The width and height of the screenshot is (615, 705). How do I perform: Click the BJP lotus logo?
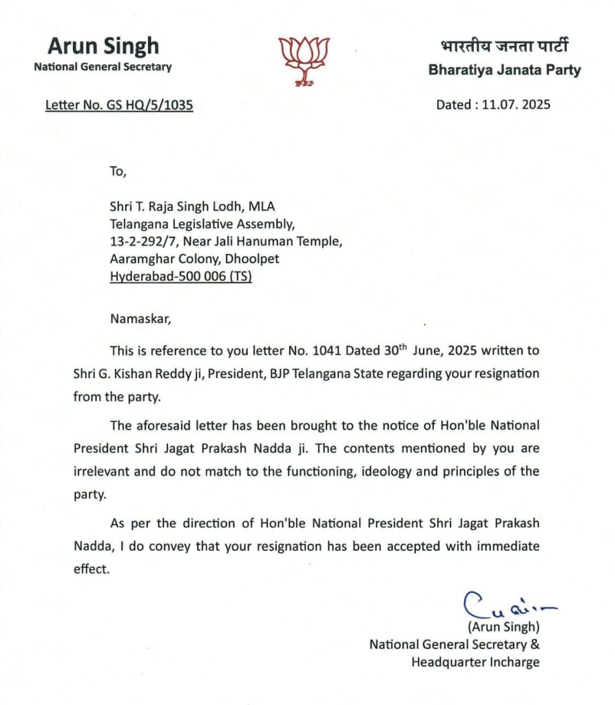304,61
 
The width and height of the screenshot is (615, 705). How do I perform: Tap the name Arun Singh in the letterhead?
103,46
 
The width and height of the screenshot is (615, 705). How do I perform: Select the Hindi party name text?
504,48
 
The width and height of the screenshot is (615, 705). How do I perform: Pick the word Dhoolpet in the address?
256,260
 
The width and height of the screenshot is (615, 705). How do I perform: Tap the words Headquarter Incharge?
475,662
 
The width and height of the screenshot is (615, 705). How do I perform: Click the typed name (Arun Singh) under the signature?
503,627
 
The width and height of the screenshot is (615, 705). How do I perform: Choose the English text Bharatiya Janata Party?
504,70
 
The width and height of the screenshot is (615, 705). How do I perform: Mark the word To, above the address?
118,172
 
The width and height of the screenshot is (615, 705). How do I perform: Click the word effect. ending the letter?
92,569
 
